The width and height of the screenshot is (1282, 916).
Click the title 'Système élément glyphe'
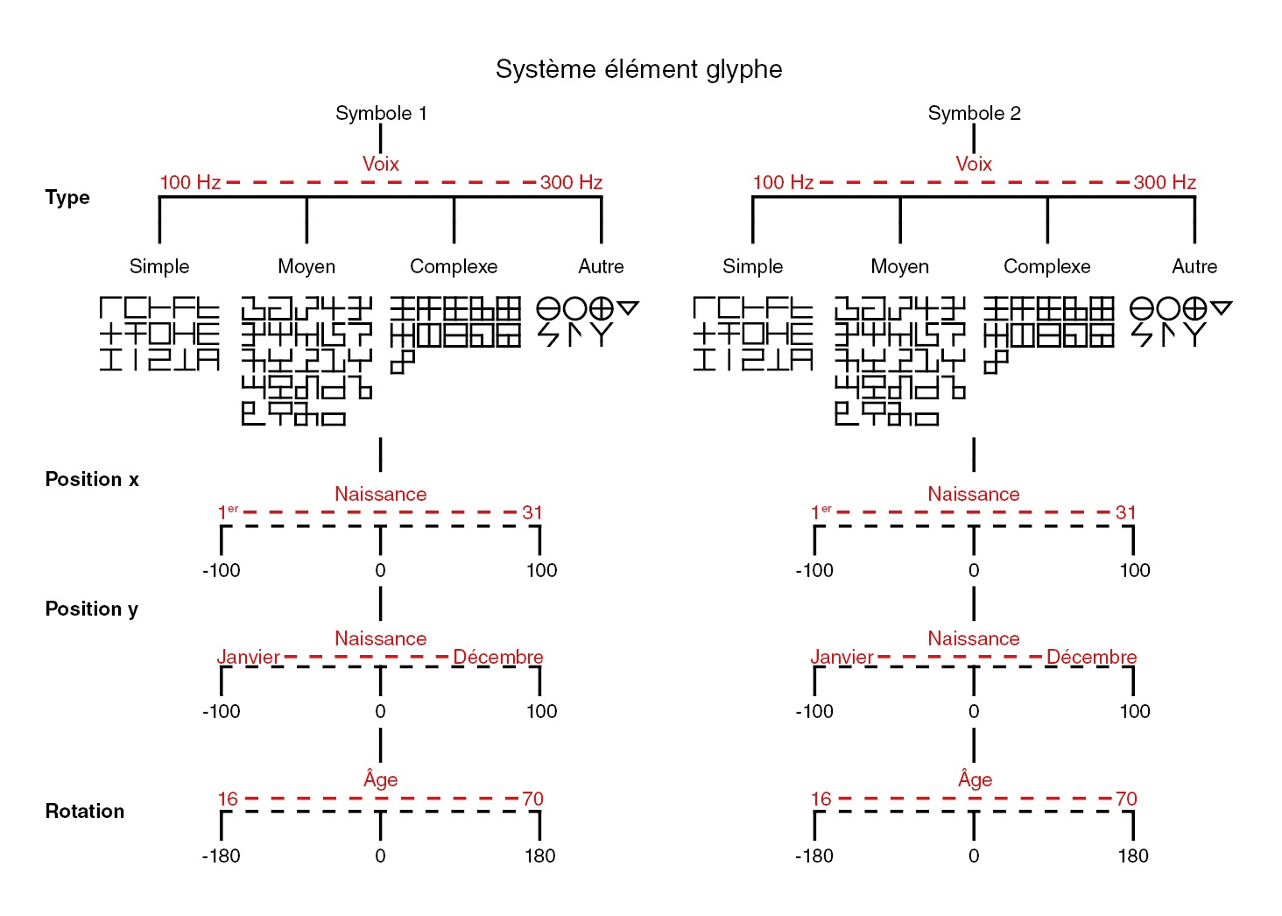[x=638, y=69]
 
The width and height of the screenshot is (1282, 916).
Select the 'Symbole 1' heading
[x=381, y=113]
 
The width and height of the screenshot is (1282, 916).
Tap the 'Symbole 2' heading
[x=974, y=113]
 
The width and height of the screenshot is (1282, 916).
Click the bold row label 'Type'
[x=67, y=197]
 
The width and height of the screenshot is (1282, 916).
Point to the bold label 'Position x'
[x=92, y=479]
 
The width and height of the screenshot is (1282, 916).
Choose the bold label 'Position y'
[x=92, y=609]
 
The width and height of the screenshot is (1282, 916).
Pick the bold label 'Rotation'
[x=85, y=811]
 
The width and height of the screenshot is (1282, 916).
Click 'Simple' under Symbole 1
[x=159, y=266]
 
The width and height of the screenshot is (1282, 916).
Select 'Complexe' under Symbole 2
[x=1046, y=266]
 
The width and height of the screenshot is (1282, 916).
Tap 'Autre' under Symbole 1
[x=601, y=266]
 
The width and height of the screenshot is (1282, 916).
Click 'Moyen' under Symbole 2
[x=899, y=266]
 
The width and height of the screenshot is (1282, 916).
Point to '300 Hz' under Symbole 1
[x=571, y=182]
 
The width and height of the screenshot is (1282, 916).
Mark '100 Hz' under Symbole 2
[x=783, y=182]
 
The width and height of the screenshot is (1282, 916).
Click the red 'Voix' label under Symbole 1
[x=381, y=164]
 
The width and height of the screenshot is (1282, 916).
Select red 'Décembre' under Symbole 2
[x=1091, y=657]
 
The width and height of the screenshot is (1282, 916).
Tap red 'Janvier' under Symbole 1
[x=249, y=657]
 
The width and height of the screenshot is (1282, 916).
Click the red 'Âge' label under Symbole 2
[x=975, y=779]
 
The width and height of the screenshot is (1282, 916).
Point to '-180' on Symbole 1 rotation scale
[x=221, y=856]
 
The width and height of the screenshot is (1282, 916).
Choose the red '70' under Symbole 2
[x=1126, y=799]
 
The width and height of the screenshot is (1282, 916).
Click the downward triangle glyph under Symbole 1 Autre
[x=628, y=307]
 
